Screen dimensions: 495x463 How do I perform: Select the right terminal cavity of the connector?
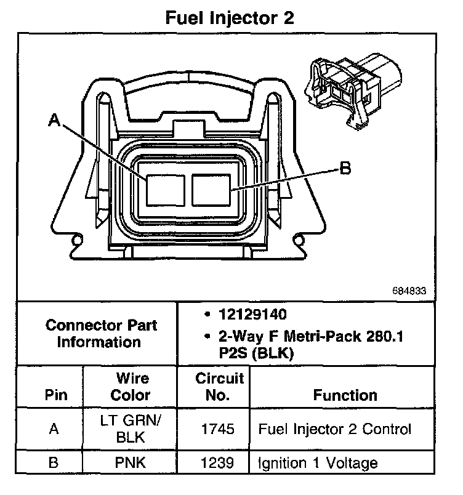coord(211,190)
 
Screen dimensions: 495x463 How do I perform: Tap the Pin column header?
coord(56,395)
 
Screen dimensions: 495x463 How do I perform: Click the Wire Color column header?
coord(132,386)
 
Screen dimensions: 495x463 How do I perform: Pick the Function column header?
coord(345,395)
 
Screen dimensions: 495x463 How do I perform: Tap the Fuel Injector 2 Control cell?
coord(334,429)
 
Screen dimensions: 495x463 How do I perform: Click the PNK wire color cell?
coord(132,462)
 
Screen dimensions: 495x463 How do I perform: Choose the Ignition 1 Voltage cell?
coord(318,462)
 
